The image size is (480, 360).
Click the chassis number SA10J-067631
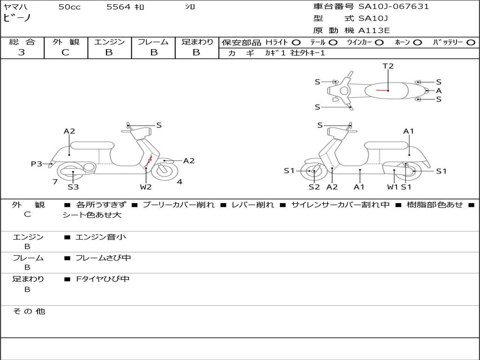pyautogui.click(x=393, y=7)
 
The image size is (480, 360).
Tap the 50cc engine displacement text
pyautogui.click(x=69, y=7)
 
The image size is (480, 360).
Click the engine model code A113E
pyautogui.click(x=374, y=30)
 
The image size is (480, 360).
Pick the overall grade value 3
pyautogui.click(x=22, y=52)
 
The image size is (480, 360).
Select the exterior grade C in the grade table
pyautogui.click(x=65, y=52)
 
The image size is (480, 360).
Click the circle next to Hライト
pyautogui.click(x=296, y=42)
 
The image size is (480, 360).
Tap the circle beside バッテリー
pyautogui.click(x=471, y=42)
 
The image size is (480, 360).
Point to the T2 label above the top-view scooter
pyautogui.click(x=388, y=66)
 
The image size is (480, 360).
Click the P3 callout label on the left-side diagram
pyautogui.click(x=37, y=164)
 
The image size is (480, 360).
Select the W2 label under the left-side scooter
pyautogui.click(x=146, y=187)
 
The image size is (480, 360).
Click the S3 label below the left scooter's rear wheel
pyautogui.click(x=73, y=187)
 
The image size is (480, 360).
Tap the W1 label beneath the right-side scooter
pyautogui.click(x=392, y=187)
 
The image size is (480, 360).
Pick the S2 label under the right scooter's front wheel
pyautogui.click(x=314, y=187)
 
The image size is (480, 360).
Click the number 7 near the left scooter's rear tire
pyautogui.click(x=55, y=182)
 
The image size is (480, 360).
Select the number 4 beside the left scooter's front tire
pyautogui.click(x=180, y=182)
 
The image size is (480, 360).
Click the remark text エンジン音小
pyautogui.click(x=101, y=237)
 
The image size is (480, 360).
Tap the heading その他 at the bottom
pyautogui.click(x=29, y=311)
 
